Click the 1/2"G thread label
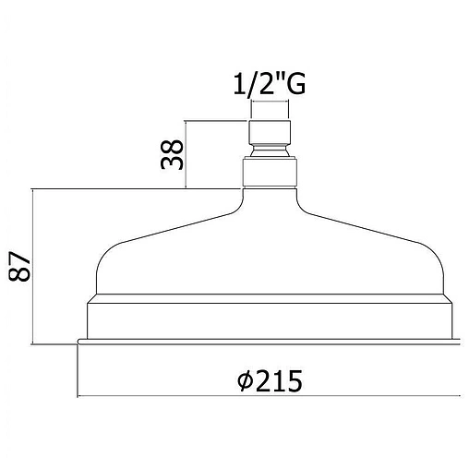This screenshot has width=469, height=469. pyautogui.click(x=270, y=84)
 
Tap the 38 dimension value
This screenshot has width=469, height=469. pyautogui.click(x=172, y=154)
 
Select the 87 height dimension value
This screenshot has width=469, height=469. pyautogui.click(x=19, y=267)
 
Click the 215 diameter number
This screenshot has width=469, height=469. pyautogui.click(x=279, y=380)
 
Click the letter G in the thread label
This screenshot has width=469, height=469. pyautogui.click(x=295, y=84)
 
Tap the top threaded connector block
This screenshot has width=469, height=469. pyautogui.click(x=270, y=132)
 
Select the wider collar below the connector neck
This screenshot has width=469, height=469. pyautogui.click(x=270, y=173)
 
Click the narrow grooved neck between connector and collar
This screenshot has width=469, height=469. pyautogui.click(x=270, y=150)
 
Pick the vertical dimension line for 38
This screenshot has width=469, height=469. pyautogui.click(x=186, y=154)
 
